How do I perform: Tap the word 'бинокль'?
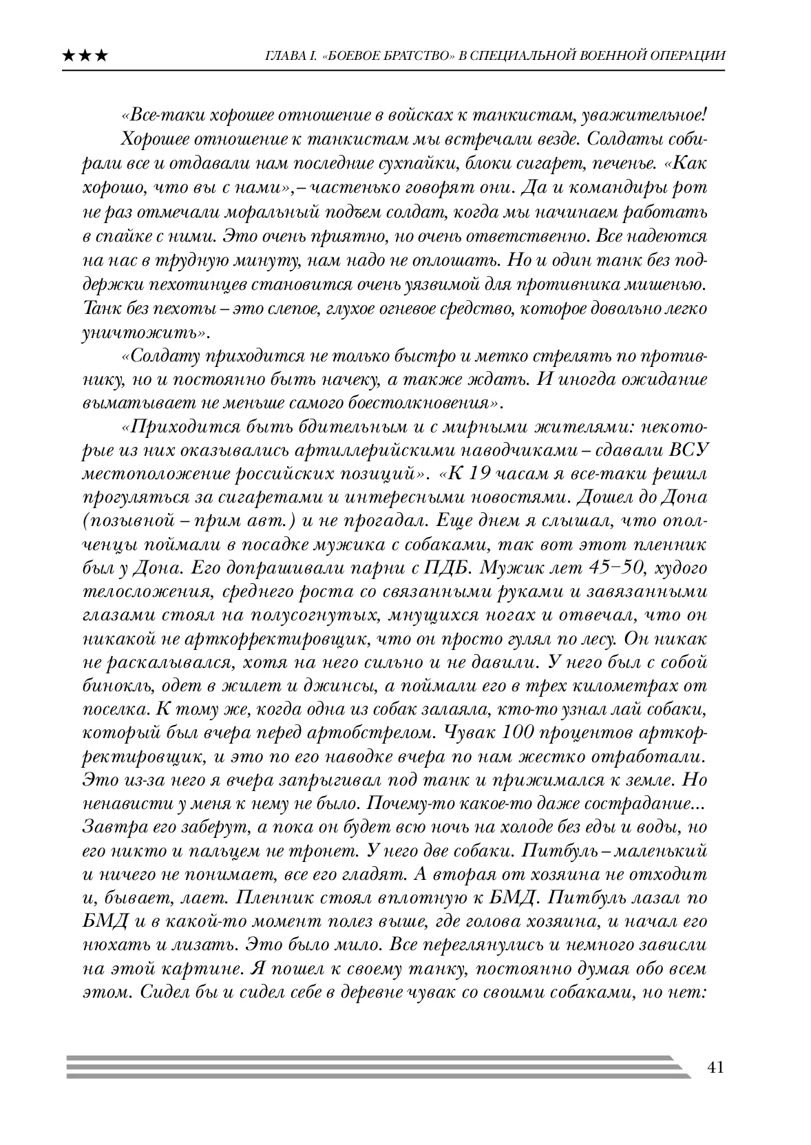pos(112,686)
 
